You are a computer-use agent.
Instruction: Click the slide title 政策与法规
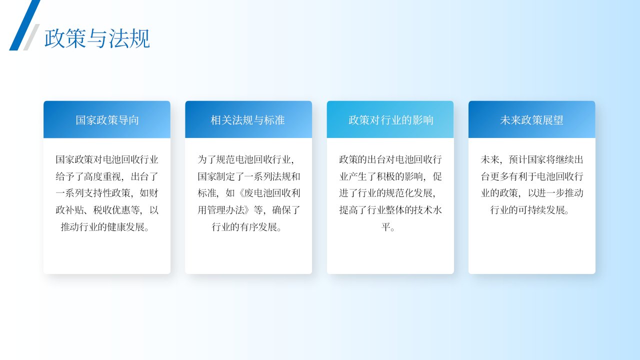(x=97, y=38)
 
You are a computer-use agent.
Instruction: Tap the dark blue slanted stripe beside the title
(x=25, y=25)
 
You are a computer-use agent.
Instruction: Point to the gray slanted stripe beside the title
(x=31, y=37)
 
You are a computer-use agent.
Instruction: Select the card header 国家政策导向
(x=107, y=120)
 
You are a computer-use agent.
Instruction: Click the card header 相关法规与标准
(x=247, y=120)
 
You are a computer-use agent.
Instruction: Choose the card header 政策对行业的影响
(x=391, y=120)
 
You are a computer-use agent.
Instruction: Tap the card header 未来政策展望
(x=531, y=120)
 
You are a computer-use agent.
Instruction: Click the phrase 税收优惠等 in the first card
(x=116, y=210)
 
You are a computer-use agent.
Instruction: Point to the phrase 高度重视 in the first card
(x=102, y=176)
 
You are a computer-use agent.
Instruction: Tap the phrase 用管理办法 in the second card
(x=221, y=210)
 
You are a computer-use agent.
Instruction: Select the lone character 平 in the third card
(x=386, y=227)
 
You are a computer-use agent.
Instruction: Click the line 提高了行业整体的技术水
(x=390, y=210)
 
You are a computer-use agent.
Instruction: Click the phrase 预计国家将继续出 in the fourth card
(x=546, y=159)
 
